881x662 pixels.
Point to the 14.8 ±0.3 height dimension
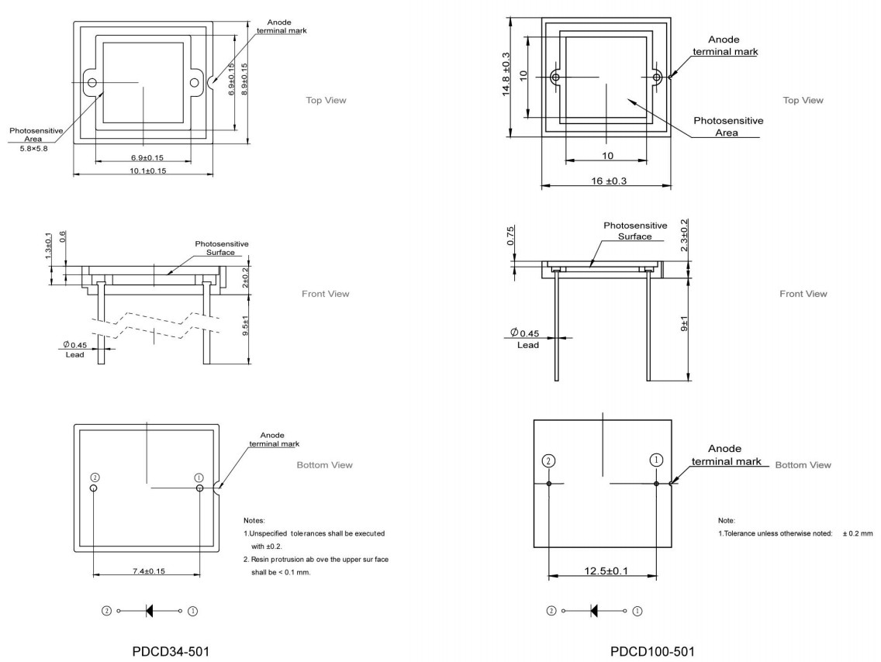[506, 74]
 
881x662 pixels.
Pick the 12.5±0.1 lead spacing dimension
[602, 572]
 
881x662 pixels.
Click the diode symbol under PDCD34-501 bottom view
[150, 610]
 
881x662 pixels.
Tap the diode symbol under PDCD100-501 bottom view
[596, 610]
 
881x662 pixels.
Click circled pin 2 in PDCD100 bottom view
[548, 460]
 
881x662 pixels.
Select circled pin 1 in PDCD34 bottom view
[199, 478]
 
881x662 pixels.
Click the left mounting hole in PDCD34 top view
[92, 82]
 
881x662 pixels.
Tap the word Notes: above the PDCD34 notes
[254, 519]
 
